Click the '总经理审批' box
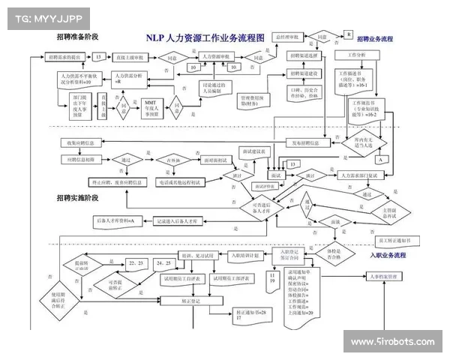(x=284, y=36)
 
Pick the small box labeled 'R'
(x=349, y=34)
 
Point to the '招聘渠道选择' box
(x=304, y=55)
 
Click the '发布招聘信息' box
(x=304, y=142)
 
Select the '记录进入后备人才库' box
(x=182, y=222)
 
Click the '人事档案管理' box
(x=382, y=277)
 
